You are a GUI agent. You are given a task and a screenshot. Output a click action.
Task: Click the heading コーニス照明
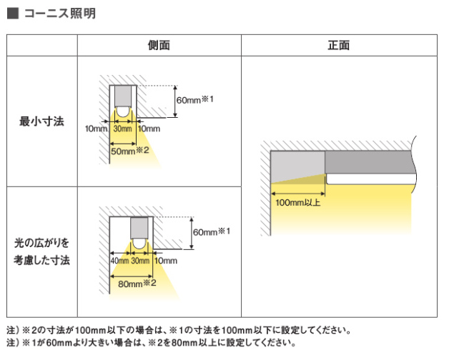pyautogui.click(x=60, y=14)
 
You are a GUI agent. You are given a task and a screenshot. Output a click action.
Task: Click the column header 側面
pyautogui.click(x=159, y=45)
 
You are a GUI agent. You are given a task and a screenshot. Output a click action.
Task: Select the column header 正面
pyautogui.click(x=339, y=45)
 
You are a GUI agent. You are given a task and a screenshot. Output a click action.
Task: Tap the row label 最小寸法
pyautogui.click(x=41, y=121)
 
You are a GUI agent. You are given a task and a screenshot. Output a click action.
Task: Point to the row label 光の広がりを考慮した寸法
pyautogui.click(x=41, y=251)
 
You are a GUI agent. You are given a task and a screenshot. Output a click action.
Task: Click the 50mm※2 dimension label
pyautogui.click(x=130, y=151)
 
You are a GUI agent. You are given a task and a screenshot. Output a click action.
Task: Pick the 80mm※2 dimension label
pyautogui.click(x=137, y=284)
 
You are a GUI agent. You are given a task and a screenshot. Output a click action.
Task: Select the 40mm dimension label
pyautogui.click(x=119, y=261)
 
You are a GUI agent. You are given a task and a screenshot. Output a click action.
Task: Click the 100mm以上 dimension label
pyautogui.click(x=298, y=203)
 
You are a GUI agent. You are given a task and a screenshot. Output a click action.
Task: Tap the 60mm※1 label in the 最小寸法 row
pyautogui.click(x=195, y=100)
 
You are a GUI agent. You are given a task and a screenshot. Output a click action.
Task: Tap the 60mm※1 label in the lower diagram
pyautogui.click(x=212, y=231)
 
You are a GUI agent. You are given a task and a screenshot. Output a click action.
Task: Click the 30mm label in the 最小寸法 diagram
pyautogui.click(x=122, y=129)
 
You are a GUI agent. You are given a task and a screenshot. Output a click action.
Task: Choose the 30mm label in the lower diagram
pyautogui.click(x=140, y=261)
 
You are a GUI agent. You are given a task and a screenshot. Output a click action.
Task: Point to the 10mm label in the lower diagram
pyautogui.click(x=166, y=261)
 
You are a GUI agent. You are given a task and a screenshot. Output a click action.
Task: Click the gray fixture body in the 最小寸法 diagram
pyautogui.click(x=123, y=96)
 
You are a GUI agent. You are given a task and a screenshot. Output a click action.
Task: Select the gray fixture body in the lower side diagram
pyautogui.click(x=139, y=228)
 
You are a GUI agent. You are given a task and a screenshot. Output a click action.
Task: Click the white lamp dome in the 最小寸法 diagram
pyautogui.click(x=123, y=112)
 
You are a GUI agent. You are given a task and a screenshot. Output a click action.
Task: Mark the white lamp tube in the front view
pyautogui.click(x=371, y=179)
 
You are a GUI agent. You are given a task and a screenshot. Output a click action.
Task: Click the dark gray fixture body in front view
pyautogui.click(x=370, y=162)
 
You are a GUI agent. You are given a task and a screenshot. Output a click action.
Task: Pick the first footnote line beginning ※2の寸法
pyautogui.click(x=179, y=331)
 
